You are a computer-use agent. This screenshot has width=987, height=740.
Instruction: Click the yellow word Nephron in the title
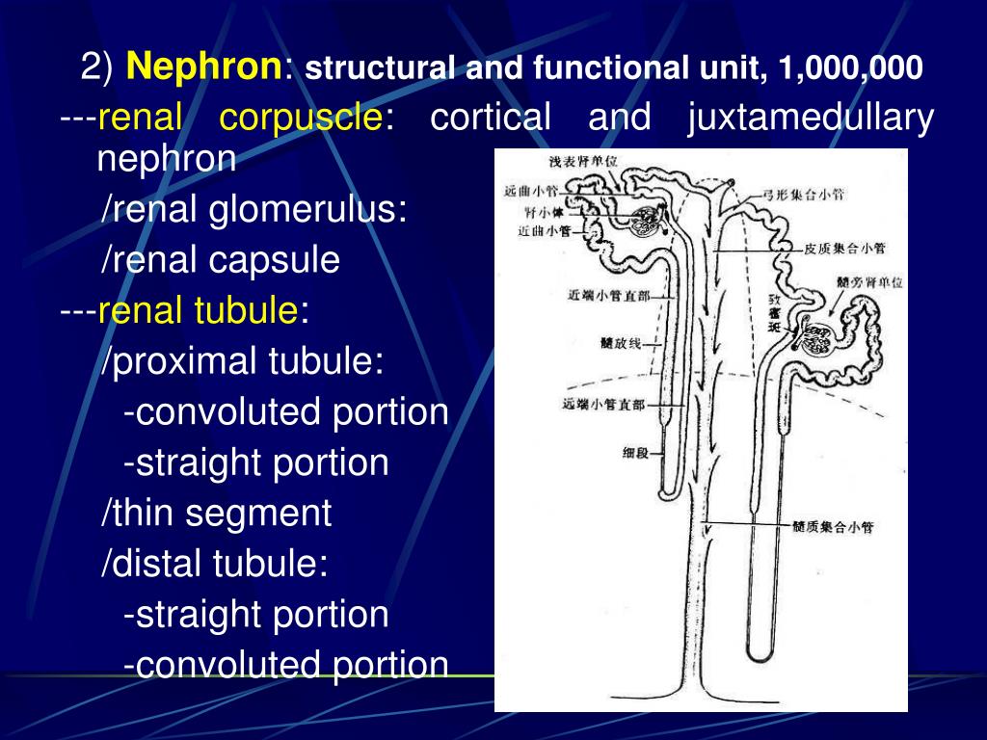point(204,68)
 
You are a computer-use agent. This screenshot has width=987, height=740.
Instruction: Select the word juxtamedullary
point(811,119)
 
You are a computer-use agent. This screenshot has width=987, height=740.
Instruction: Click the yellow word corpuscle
point(300,119)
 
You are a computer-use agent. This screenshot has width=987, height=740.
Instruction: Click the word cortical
point(490,119)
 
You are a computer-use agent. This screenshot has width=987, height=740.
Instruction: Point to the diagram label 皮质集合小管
point(844,249)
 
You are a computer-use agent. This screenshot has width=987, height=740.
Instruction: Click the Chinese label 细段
point(636,452)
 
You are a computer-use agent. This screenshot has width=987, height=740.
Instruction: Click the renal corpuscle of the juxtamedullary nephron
point(818,338)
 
